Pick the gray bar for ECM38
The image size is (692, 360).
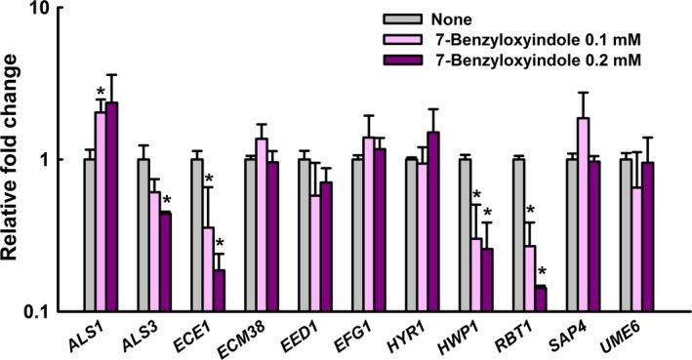coord(250,235)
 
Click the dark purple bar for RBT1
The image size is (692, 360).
coord(541,299)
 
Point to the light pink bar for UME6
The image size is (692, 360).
coord(637,249)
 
